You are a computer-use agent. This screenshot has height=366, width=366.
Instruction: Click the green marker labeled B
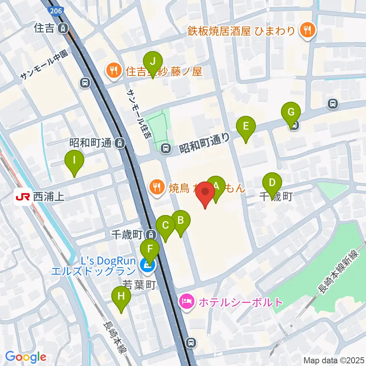(x=181, y=220)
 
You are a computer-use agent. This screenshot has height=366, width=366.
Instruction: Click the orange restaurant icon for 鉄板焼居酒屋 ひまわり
(x=306, y=30)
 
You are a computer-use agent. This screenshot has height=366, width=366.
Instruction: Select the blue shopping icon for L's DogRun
(x=146, y=266)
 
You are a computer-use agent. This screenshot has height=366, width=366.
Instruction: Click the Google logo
(x=26, y=357)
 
